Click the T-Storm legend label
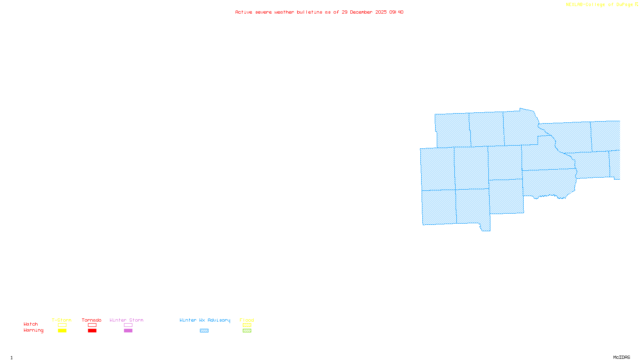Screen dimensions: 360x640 click(62, 320)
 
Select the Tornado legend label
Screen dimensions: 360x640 click(92, 320)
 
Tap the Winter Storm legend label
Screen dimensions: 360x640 click(126, 320)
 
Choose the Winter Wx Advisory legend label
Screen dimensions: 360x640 click(205, 320)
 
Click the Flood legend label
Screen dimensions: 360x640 click(247, 320)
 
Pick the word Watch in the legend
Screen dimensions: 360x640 click(31, 324)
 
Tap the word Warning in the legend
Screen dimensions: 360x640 click(33, 330)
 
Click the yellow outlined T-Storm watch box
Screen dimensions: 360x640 click(62, 325)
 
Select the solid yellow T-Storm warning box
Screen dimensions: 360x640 click(62, 331)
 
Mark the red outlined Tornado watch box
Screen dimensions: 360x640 click(92, 325)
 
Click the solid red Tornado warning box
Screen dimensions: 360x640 click(92, 331)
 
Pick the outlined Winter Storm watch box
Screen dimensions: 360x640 click(128, 325)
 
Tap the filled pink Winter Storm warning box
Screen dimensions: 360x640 click(128, 331)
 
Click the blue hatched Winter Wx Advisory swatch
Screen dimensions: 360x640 click(204, 331)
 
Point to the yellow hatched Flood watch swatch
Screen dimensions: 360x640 click(247, 325)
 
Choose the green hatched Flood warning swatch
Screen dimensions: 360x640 click(247, 331)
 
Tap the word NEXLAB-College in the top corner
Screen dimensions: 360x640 click(585, 4)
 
